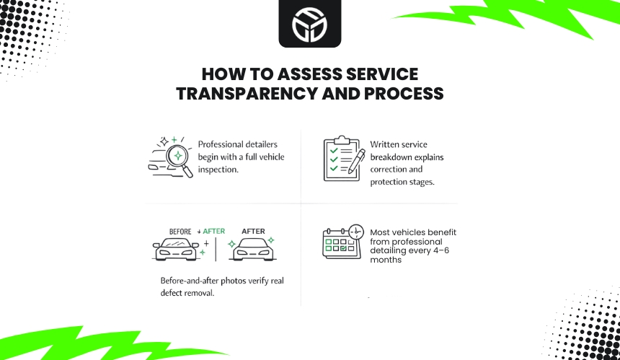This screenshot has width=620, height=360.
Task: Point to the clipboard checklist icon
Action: click(337, 159)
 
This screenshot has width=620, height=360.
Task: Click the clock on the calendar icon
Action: click(355, 232)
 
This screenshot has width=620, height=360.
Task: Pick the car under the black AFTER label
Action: click(254, 249)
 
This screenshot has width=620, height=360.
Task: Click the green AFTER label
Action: click(213, 232)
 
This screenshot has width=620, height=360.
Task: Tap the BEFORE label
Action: click(180, 232)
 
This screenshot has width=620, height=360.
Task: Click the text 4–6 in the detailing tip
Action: click(448, 251)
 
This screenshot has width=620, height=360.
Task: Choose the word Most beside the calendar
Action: click(381, 232)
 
